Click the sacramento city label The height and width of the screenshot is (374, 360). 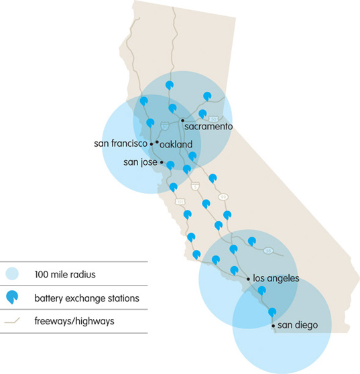point(208,126)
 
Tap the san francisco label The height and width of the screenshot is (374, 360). point(120,143)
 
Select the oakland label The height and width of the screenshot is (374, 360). point(176,144)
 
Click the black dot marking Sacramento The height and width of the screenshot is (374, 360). point(182,121)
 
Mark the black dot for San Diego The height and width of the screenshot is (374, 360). point(274,326)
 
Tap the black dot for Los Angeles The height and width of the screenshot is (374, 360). point(247,277)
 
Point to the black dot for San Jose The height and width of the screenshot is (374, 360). point(162,162)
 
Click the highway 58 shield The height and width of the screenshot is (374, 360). point(267,251)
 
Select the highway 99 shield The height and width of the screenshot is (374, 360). point(223,196)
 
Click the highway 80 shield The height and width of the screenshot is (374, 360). point(164,125)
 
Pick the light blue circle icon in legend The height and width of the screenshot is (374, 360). point(11,273)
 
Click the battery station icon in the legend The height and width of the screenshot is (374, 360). point(11,298)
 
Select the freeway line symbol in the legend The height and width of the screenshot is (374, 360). point(11,321)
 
